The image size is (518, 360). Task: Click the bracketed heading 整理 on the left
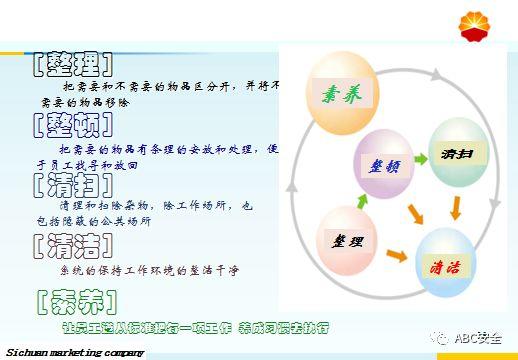[69, 66]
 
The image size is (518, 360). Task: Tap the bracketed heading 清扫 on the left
[69, 184]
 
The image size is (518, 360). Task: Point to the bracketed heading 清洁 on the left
[69, 244]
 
